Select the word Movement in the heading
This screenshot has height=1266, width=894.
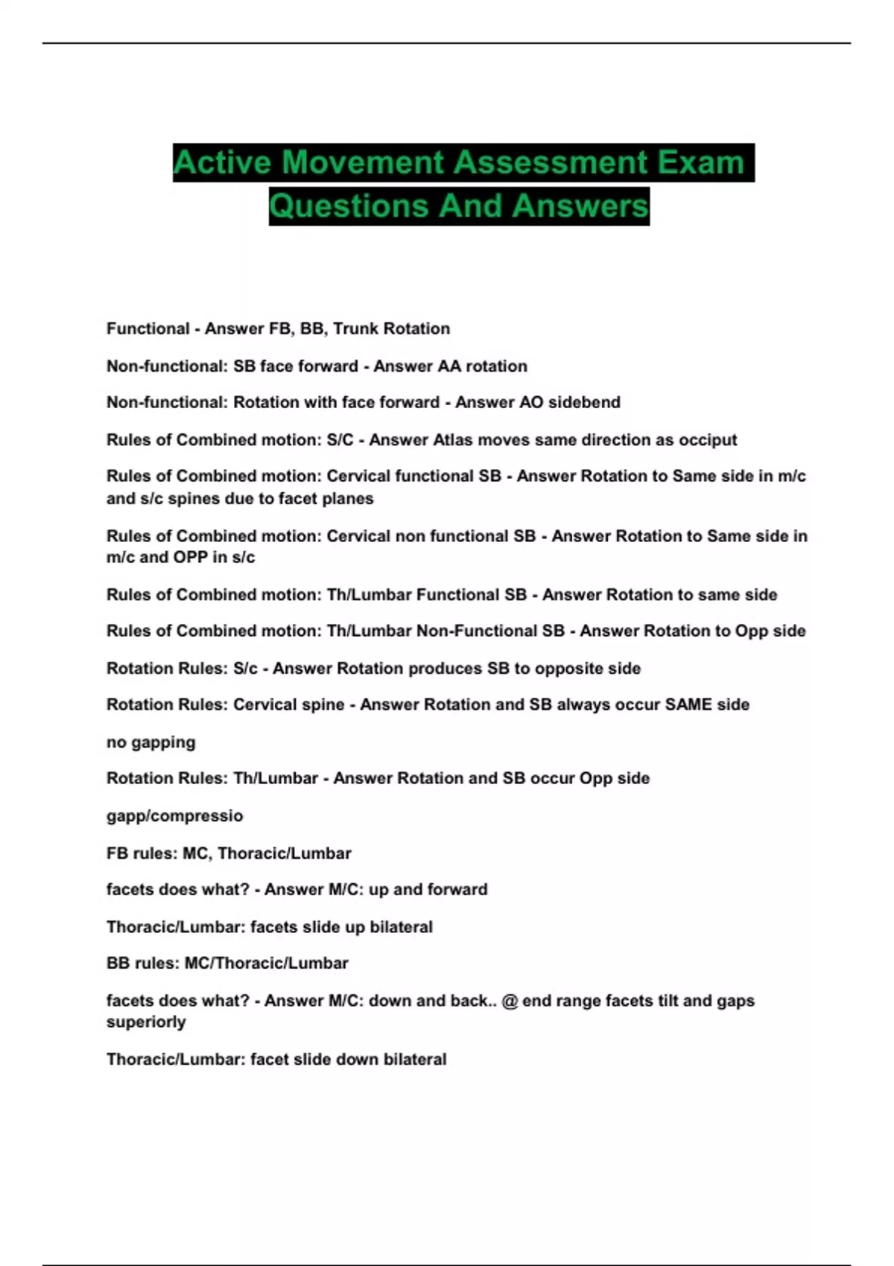click(x=363, y=162)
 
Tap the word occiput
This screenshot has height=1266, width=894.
click(x=704, y=439)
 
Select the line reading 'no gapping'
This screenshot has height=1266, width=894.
click(x=151, y=742)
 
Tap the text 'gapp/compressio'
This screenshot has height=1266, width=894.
click(x=174, y=815)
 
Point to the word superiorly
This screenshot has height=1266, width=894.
click(x=146, y=1022)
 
